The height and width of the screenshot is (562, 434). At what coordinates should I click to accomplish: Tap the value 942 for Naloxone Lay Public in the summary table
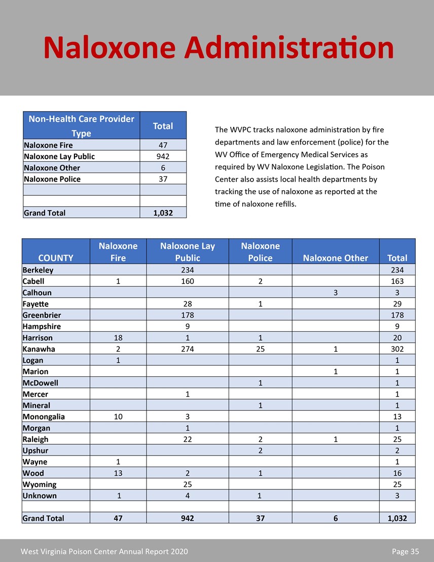tap(163, 157)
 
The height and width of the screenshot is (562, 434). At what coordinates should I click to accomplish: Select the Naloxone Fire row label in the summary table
tap(48, 146)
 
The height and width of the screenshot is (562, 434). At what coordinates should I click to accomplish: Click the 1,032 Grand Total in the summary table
tap(163, 213)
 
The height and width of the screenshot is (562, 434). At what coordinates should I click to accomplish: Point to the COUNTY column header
tap(56, 258)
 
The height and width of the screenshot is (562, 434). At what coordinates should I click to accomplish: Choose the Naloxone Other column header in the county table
tap(335, 258)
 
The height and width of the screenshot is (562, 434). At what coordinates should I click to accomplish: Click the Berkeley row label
tap(38, 270)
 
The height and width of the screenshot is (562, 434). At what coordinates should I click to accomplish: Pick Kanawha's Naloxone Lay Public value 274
tap(188, 349)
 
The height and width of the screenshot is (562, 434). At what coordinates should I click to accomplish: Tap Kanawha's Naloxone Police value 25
tap(260, 349)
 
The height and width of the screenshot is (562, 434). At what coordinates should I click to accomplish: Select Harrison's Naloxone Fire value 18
tap(118, 338)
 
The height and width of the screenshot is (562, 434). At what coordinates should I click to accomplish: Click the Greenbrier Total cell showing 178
tap(397, 315)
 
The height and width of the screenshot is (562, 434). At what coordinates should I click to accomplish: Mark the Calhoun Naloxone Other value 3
tap(335, 293)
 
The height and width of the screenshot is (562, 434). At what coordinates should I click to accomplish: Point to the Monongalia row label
tap(44, 417)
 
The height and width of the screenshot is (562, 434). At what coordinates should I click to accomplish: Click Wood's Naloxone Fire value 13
tap(118, 473)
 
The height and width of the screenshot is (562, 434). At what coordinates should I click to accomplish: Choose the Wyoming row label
tap(40, 484)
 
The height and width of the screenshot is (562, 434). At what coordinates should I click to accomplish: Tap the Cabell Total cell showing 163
tap(397, 282)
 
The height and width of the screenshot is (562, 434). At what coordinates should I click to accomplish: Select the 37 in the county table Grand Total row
tap(260, 518)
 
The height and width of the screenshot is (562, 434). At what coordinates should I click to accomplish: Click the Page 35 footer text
tap(405, 551)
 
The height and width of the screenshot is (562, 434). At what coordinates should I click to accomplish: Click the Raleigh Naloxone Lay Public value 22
tap(188, 439)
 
